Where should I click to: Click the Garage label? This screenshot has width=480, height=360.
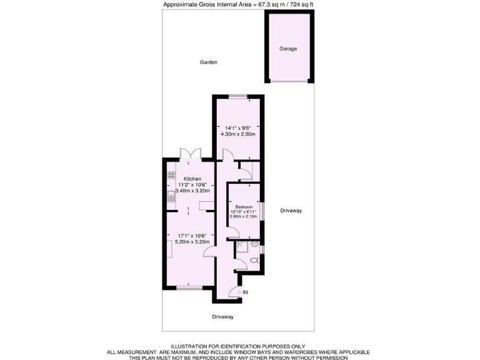click(288, 49)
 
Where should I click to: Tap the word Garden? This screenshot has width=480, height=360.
click(209, 62)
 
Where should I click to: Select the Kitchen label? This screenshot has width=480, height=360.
click(192, 179)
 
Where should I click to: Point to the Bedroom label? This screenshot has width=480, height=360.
click(244, 206)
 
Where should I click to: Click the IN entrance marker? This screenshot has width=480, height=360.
click(246, 292)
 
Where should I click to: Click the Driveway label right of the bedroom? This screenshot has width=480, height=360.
click(291, 211)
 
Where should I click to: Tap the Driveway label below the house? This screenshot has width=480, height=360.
click(222, 317)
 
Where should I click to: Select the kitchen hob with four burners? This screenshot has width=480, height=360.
click(171, 176)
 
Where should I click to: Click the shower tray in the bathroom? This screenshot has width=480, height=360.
click(241, 249)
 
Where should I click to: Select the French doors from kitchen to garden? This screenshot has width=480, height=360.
click(189, 154)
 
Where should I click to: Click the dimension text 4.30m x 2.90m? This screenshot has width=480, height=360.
click(238, 133)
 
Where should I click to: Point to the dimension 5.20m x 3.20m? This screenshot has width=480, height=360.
click(192, 241)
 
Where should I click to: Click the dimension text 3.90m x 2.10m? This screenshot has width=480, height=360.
click(244, 216)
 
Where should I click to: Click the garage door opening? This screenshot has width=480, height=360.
click(288, 81)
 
